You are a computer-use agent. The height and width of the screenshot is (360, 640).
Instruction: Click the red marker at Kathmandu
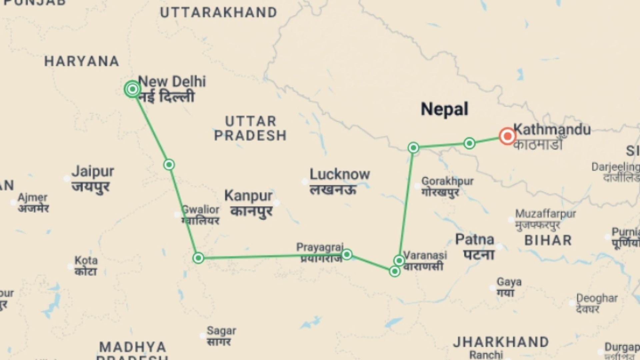[507, 136]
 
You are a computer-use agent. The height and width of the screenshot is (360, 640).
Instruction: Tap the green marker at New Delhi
[133, 89]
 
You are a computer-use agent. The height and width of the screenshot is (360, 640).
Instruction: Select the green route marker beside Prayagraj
[347, 255]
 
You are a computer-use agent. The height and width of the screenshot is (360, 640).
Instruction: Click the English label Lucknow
[339, 174]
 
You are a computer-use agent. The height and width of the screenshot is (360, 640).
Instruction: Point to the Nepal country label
[444, 109]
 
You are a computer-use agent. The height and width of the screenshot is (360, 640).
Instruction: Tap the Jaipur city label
[93, 172]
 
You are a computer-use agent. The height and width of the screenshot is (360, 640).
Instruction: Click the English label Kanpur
[248, 196]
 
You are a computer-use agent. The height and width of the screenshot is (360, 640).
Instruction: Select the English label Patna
[475, 239]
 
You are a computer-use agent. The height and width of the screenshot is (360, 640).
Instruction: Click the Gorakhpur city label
[447, 181]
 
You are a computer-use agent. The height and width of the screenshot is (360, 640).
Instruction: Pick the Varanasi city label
[425, 255]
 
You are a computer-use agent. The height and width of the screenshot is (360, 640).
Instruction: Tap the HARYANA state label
[82, 61]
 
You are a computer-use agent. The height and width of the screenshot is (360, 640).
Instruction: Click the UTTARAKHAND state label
[219, 13]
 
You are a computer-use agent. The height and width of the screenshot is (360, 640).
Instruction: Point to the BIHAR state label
[548, 240]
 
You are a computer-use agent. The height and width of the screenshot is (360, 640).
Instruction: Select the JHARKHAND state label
[501, 342]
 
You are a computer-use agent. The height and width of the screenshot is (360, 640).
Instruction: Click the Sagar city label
[221, 331]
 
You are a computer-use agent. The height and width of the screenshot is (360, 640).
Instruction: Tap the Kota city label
[86, 260]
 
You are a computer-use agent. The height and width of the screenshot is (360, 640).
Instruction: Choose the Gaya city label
[509, 282]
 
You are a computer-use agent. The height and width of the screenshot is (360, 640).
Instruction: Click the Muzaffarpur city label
[545, 214]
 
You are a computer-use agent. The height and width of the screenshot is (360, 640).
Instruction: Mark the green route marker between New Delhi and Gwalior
[169, 165]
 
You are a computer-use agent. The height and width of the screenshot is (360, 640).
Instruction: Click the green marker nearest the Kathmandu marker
[469, 143]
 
